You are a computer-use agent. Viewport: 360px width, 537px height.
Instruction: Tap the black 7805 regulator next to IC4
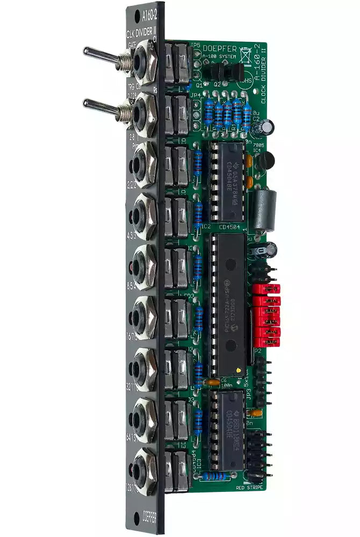coord(265,159)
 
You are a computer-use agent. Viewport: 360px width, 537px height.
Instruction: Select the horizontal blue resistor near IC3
coord(220,476)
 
